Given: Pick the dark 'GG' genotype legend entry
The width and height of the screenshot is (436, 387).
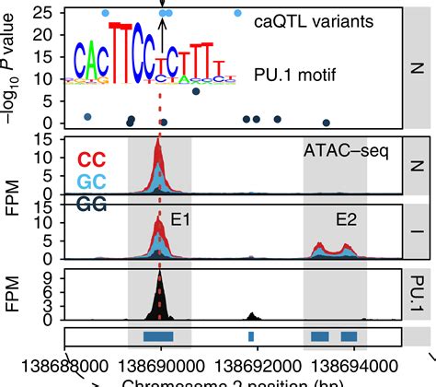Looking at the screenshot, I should coord(90,204).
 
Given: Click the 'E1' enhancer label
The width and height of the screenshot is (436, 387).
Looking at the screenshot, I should coord(180,221).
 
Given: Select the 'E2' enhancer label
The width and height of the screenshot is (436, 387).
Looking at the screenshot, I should coord(346,221).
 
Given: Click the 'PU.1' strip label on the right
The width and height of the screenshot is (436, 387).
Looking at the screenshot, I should coord(418,294).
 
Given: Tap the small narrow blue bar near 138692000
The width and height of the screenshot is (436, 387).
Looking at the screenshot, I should coord(251,335).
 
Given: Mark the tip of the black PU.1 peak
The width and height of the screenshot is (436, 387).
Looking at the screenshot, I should coord(160,274).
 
